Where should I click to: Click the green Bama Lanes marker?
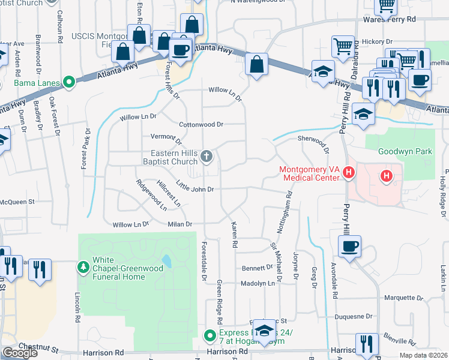click(x=69, y=83)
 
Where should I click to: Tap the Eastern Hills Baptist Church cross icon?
click(x=206, y=157)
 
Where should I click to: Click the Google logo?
click(x=20, y=353)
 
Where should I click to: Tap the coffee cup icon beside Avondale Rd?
click(x=349, y=246)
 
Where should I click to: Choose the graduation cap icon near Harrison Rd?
click(x=264, y=331)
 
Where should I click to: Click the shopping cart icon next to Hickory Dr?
click(x=342, y=46)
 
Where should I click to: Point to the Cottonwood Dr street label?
click(x=201, y=125)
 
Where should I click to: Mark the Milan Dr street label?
click(x=180, y=224)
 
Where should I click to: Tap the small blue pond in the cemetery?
click(x=167, y=261)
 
